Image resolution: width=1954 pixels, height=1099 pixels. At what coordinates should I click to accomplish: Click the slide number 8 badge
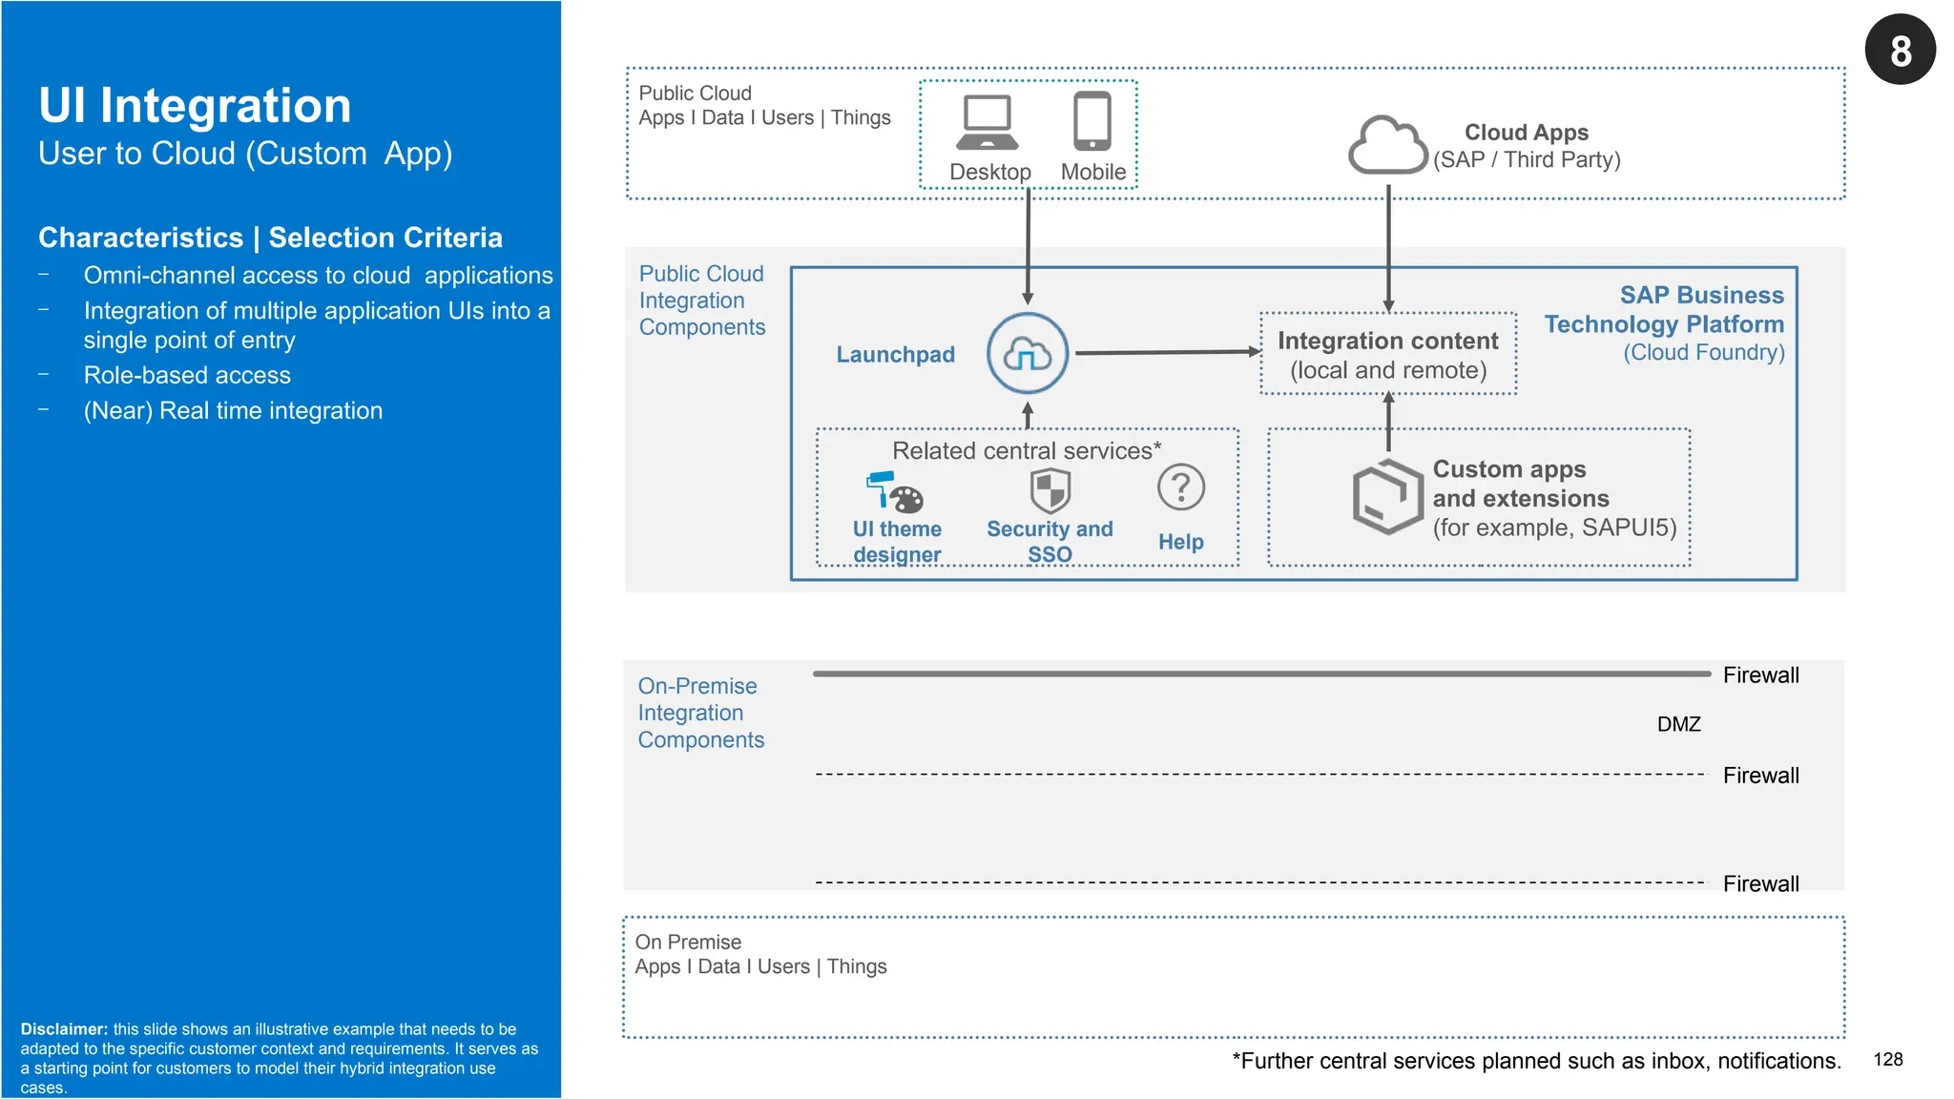pos(1900,50)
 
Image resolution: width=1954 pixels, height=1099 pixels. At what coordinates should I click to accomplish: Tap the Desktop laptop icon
pos(987,123)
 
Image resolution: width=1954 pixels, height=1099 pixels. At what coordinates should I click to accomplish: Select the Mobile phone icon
pos(1092,121)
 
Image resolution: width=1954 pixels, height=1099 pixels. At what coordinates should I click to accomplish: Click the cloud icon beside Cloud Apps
pos(1387,146)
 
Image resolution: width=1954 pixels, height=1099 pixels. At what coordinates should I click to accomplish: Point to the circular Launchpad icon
pos(1027,354)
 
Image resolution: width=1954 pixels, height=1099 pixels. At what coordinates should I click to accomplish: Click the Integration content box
pos(1387,354)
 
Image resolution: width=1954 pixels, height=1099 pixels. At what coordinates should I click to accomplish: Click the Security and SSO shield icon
pos(1050,491)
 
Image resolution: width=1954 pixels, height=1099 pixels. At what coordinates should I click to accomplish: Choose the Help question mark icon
pos(1180,488)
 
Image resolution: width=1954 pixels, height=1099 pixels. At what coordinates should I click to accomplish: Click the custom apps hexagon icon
pos(1387,497)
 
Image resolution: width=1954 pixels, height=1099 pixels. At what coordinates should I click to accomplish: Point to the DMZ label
pos(1678,724)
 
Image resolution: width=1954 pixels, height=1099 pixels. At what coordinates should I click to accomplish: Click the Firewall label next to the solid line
pos(1760,675)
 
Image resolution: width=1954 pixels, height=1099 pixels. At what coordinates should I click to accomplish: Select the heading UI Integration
pos(195,106)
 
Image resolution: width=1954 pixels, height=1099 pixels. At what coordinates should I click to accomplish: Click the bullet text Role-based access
pos(187,376)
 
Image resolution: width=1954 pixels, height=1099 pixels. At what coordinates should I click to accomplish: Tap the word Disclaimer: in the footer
pos(64,1029)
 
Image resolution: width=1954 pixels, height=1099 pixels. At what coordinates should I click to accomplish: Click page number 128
pos(1887,1060)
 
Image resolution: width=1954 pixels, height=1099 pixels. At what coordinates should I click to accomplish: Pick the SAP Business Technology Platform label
pos(1664,310)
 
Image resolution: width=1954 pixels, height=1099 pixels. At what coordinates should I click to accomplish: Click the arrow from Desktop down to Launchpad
pos(1028,246)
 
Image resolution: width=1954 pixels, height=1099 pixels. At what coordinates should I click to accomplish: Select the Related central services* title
pos(1027,451)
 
